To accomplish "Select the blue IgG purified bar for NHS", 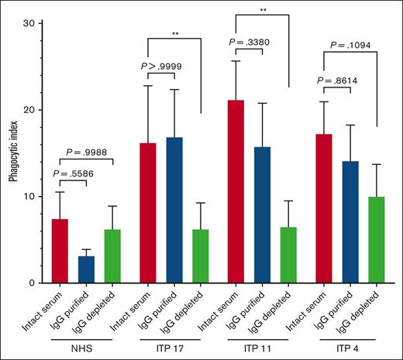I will click(x=86, y=269).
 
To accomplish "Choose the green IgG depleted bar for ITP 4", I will click(x=376, y=240).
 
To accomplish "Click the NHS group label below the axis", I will click(x=85, y=348).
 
